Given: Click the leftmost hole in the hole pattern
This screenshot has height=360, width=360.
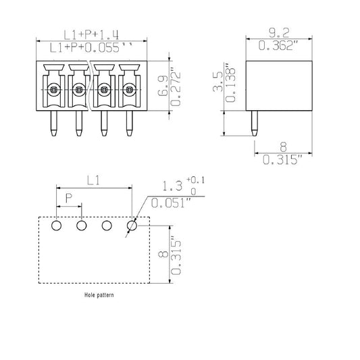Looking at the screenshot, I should click(57, 225).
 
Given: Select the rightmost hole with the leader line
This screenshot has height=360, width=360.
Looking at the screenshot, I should click(131, 226).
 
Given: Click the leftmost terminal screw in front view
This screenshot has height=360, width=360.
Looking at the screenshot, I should click(53, 88).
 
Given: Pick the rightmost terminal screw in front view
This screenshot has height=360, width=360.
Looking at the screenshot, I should click(128, 88).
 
